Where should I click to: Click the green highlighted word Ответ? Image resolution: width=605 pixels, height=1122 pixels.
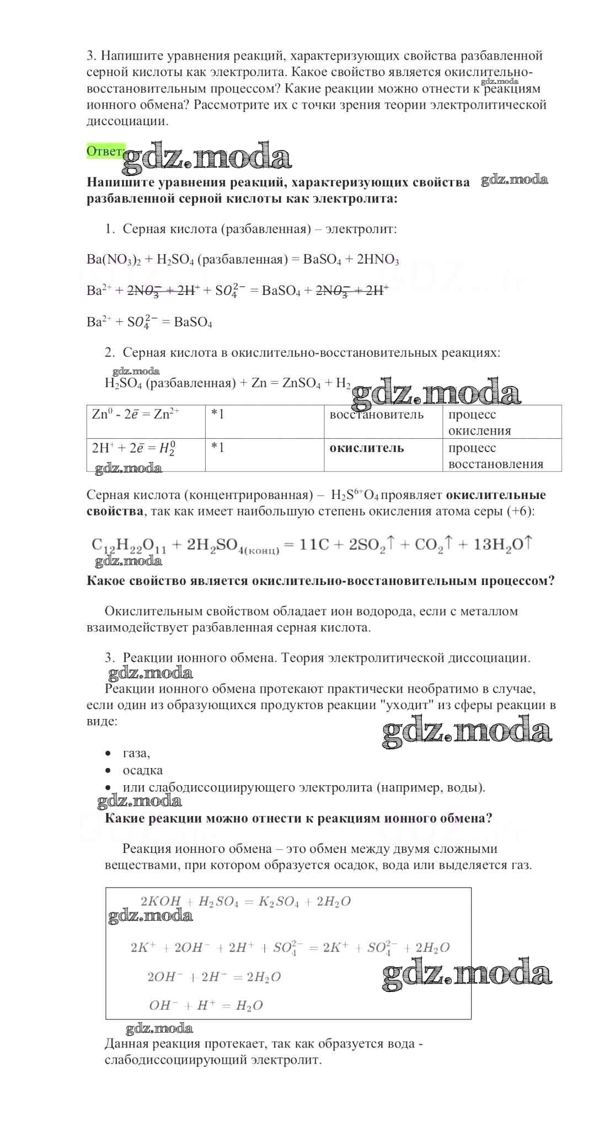[105, 151]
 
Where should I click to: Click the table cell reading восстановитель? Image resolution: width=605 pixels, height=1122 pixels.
[377, 415]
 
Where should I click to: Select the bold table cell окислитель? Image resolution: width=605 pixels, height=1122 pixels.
[366, 448]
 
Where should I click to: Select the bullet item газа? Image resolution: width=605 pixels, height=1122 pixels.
[136, 753]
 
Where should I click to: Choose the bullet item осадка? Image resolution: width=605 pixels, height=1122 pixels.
[142, 770]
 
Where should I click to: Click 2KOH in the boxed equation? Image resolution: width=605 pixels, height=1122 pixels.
[160, 901]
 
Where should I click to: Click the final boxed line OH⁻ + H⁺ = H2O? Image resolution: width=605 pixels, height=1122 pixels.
[206, 1005]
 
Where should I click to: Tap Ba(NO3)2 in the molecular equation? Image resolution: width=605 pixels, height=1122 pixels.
[114, 260]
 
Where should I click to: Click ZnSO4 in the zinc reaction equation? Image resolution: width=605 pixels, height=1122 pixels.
[301, 383]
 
